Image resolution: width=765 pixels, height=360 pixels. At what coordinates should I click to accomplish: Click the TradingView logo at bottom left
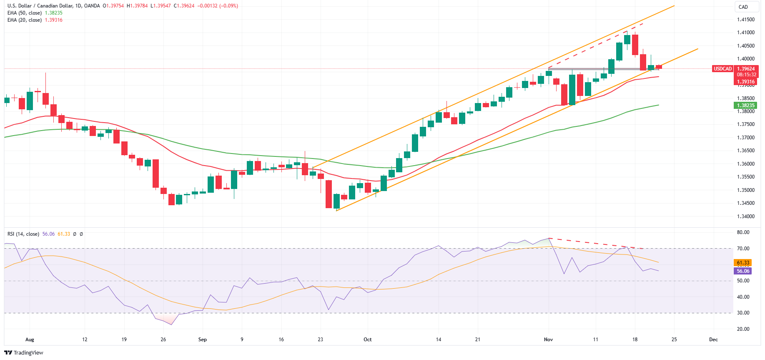pyautogui.click(x=24, y=352)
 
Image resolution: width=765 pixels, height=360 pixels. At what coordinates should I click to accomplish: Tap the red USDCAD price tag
pyautogui.click(x=722, y=69)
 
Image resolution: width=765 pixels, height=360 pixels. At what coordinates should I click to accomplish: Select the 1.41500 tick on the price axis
pyautogui.click(x=745, y=20)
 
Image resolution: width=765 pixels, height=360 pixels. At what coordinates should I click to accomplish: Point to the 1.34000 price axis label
pyautogui.click(x=745, y=217)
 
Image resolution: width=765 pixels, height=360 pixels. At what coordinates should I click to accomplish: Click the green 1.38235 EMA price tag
pyautogui.click(x=745, y=106)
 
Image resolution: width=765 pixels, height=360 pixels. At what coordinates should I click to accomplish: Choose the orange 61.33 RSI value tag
pyautogui.click(x=743, y=263)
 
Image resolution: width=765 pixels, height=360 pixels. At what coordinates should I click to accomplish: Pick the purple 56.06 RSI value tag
pyautogui.click(x=743, y=271)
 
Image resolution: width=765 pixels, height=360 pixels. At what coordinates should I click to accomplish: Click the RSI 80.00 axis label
pyautogui.click(x=743, y=232)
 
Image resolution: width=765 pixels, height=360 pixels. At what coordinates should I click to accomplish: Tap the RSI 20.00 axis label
pyautogui.click(x=743, y=329)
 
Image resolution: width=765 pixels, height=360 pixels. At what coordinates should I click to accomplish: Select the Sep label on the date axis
pyautogui.click(x=203, y=340)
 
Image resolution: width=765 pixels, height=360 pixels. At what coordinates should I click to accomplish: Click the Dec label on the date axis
pyautogui.click(x=713, y=340)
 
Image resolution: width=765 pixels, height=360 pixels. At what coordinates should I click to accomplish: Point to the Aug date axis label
pyautogui.click(x=30, y=340)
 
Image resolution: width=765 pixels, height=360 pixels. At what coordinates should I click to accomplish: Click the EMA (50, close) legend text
pyautogui.click(x=24, y=13)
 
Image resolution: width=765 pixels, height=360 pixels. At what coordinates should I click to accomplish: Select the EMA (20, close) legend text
pyautogui.click(x=24, y=20)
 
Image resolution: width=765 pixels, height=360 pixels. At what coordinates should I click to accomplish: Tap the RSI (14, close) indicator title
pyautogui.click(x=23, y=234)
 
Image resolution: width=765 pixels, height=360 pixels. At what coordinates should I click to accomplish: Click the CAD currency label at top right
pyautogui.click(x=743, y=7)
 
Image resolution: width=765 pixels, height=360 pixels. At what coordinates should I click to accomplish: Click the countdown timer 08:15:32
pyautogui.click(x=746, y=75)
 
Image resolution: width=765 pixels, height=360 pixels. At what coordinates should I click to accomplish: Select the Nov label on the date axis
pyautogui.click(x=548, y=340)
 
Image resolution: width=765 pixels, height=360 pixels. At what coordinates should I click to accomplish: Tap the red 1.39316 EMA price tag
pyautogui.click(x=745, y=82)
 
